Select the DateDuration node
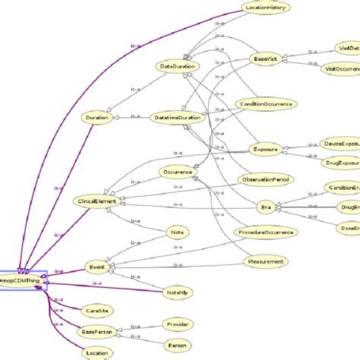point(178,67)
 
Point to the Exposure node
point(267,150)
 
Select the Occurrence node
point(179,173)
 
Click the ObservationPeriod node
point(266,179)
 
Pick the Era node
point(265,207)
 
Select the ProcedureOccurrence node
point(265,232)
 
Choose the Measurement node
point(266,262)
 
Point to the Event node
point(97,267)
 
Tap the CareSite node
point(96,311)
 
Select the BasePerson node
point(96,332)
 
